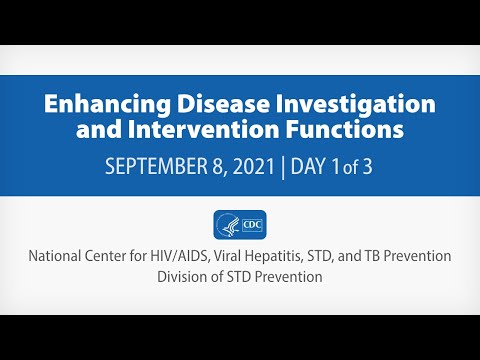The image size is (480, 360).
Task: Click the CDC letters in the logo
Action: tap(252, 225)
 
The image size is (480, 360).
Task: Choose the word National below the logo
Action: tap(58, 256)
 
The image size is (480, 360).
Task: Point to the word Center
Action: tap(112, 256)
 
